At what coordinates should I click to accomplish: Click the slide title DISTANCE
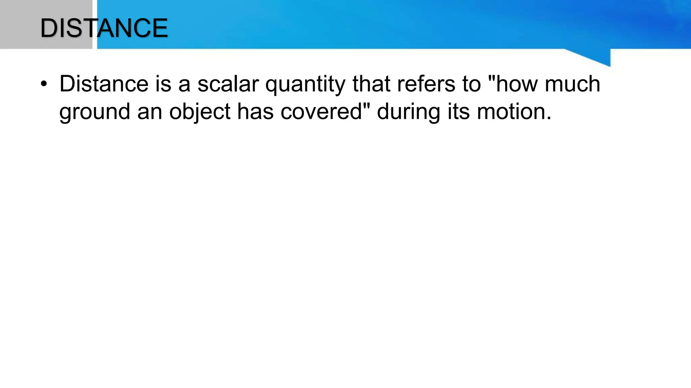(x=104, y=28)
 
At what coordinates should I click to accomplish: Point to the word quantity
(x=305, y=85)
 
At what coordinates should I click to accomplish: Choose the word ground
(x=94, y=112)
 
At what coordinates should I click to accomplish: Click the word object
(x=199, y=112)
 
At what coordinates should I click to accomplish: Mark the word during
(x=408, y=112)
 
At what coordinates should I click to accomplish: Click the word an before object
(x=149, y=112)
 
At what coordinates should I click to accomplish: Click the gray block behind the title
(x=20, y=24)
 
